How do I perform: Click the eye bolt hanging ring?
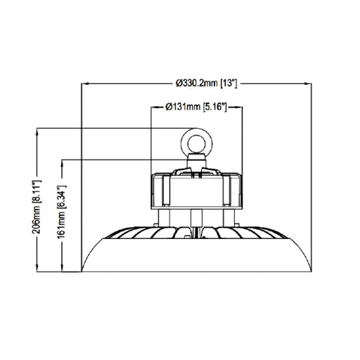pos(196,143)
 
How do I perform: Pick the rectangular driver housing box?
pos(197,190)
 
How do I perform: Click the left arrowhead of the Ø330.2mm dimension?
pos(86,83)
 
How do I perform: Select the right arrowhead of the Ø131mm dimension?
pos(240,108)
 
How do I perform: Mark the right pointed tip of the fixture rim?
pos(311,270)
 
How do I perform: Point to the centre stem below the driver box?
pos(196,218)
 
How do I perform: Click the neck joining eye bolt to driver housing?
pos(196,162)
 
